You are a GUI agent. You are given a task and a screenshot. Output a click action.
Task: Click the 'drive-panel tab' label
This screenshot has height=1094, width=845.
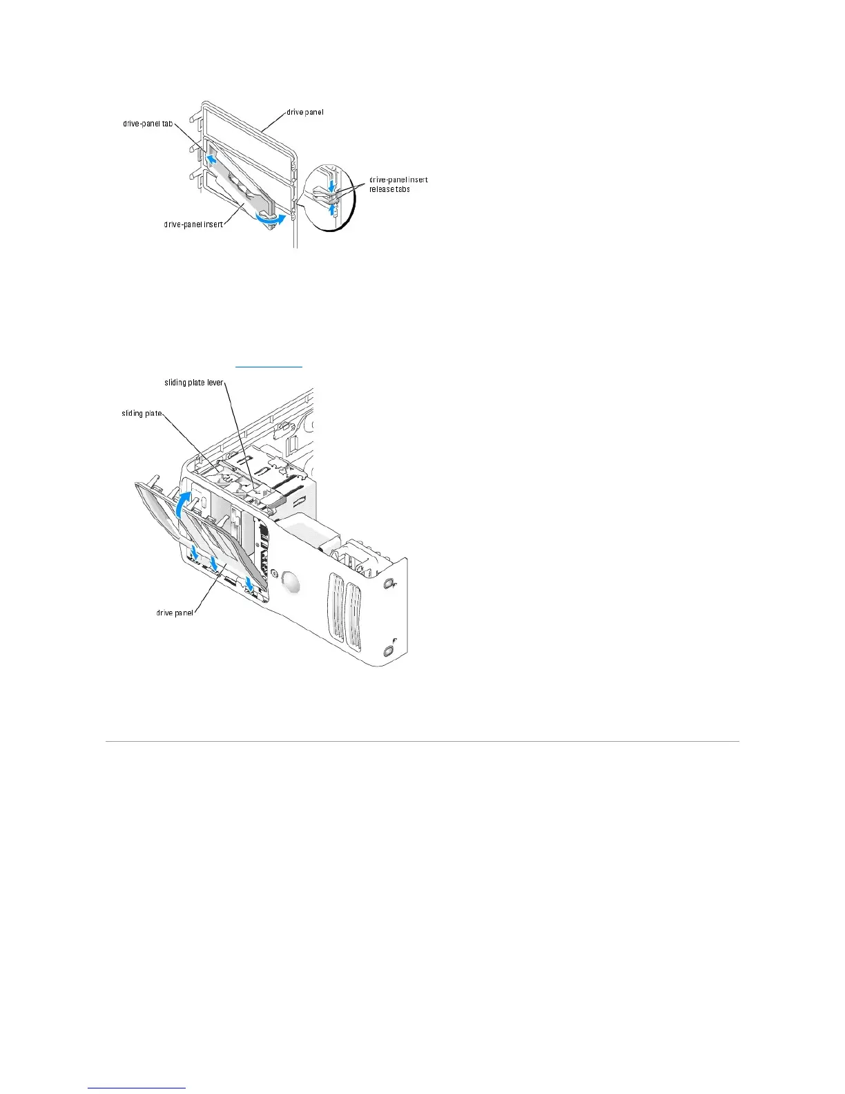[147, 124]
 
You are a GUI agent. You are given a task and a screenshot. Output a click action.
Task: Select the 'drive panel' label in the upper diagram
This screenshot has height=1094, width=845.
[304, 112]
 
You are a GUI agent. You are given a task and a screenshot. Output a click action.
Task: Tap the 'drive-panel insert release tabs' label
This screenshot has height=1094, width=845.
[398, 184]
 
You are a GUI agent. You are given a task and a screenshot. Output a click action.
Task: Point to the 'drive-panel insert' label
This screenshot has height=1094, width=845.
[193, 224]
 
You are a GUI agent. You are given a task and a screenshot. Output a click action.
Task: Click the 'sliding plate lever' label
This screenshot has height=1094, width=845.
[194, 382]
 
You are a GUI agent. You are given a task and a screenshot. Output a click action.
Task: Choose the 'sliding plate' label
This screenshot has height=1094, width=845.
[142, 413]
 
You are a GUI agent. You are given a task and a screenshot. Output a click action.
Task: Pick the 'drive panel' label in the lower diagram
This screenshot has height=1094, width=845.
[175, 613]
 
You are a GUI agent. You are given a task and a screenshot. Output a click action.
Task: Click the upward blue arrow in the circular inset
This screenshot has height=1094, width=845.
[333, 207]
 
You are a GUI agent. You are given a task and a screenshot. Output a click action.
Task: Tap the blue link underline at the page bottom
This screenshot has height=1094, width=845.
[137, 1088]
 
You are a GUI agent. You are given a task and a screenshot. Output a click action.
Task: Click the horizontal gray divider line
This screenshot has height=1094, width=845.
[422, 742]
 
